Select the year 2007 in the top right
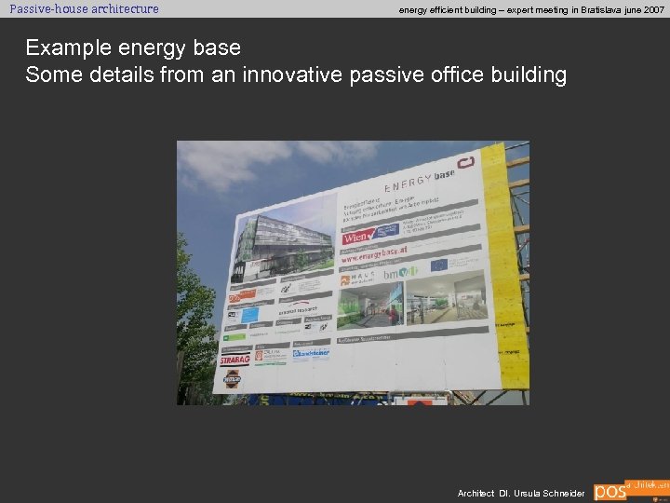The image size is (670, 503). tap(651, 9)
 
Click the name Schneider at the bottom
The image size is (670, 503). tap(563, 493)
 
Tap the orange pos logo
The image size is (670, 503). tap(610, 491)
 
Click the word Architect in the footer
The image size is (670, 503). tap(476, 493)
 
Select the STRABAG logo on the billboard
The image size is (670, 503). tap(235, 359)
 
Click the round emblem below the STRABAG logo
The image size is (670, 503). tap(232, 378)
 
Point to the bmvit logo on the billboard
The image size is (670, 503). tap(395, 274)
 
